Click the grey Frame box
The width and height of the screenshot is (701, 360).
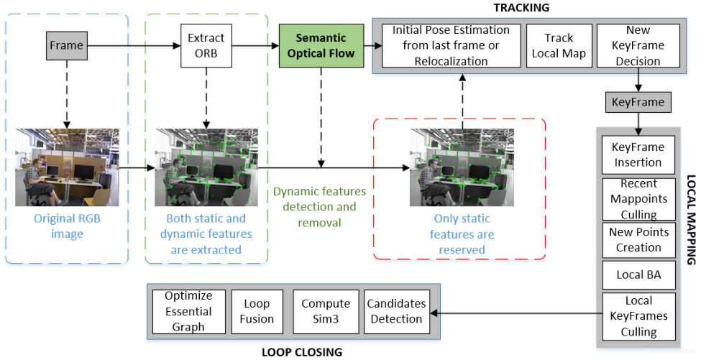(66, 46)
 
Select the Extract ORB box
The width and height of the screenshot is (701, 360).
(206, 45)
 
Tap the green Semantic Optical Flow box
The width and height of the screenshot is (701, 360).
(321, 45)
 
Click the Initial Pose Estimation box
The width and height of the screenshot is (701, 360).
(451, 46)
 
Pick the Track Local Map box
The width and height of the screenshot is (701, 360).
(559, 45)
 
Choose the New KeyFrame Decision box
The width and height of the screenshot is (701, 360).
(638, 45)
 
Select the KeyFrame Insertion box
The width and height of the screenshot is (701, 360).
(638, 154)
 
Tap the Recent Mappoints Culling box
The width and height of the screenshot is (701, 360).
(638, 199)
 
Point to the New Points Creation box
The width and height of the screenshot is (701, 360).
(638, 240)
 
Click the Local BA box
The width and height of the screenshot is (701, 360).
(638, 274)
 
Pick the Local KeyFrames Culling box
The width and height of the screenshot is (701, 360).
(638, 316)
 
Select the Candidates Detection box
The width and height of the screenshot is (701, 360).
(395, 311)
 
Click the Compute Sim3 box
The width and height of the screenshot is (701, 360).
(325, 311)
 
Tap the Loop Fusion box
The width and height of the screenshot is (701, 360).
(257, 311)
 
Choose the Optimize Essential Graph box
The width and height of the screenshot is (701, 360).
(188, 311)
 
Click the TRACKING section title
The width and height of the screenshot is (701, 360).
(521, 8)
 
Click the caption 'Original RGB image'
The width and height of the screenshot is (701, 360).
(66, 226)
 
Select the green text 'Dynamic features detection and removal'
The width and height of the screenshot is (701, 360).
(319, 207)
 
